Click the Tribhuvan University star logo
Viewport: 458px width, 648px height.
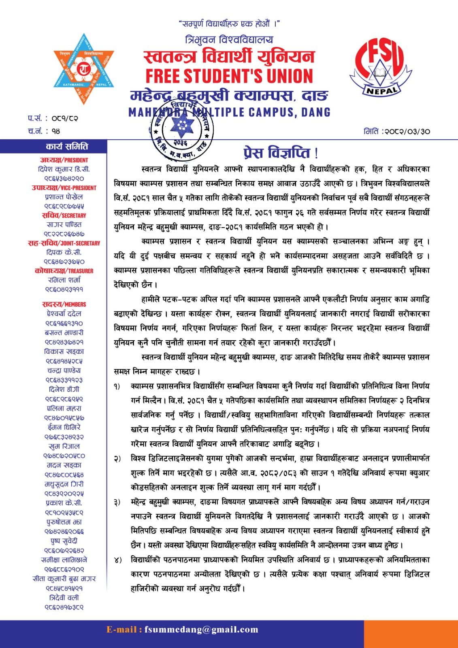click(84, 69)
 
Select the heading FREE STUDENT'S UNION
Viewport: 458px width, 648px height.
click(229, 76)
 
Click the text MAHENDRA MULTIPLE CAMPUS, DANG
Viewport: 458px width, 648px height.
click(229, 112)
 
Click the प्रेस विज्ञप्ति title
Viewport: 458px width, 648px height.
click(281, 153)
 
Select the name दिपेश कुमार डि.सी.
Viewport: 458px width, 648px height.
click(64, 169)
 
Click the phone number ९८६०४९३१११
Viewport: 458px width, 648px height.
click(64, 290)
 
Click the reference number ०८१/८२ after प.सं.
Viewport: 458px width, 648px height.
click(65, 119)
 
